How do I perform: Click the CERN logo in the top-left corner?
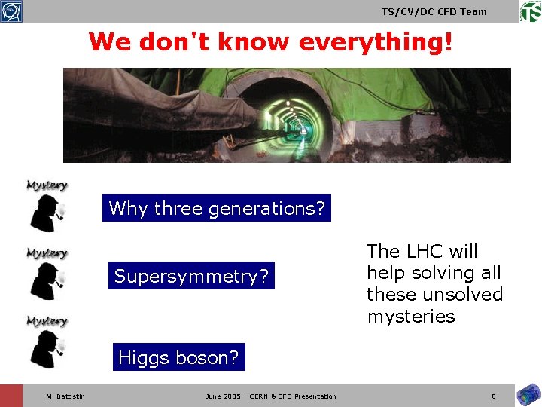11,11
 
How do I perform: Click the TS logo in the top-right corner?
530,11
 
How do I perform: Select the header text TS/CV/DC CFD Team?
434,11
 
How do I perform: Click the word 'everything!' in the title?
376,42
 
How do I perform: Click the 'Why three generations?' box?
217,208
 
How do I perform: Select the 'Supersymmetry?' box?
191,277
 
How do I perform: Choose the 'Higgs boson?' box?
178,357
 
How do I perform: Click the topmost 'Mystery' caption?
47,185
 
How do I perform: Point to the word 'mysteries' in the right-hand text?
411,316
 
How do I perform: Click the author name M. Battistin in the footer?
65,396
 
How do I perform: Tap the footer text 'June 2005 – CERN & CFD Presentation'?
270,396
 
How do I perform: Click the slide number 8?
493,396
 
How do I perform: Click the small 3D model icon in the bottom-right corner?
526,395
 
